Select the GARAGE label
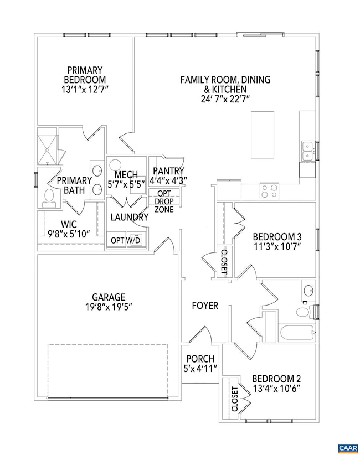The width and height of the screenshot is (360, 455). (109, 297)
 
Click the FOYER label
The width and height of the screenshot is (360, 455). (205, 306)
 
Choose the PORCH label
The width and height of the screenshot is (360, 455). (200, 359)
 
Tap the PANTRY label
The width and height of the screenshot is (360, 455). (168, 172)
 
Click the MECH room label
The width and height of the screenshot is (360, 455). (126, 175)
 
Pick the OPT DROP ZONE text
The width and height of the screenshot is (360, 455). (164, 201)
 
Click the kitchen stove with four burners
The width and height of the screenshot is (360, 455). (270, 191)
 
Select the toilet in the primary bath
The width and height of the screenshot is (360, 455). (49, 195)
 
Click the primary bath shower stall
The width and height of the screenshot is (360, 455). (48, 147)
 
